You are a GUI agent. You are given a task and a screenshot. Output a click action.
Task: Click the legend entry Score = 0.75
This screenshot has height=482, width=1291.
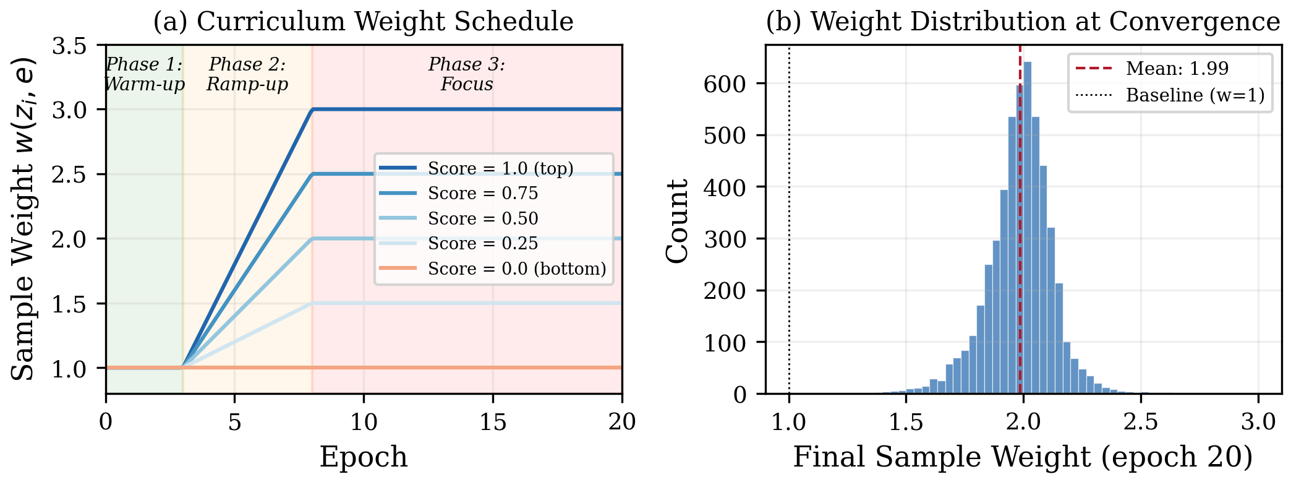(x=482, y=194)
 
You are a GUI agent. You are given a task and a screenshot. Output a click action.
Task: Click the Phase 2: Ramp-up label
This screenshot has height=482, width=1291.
(x=247, y=74)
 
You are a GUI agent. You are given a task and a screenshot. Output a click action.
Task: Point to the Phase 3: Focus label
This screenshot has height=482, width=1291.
(x=467, y=74)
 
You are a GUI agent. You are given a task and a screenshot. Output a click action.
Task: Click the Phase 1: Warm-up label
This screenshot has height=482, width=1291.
(x=144, y=74)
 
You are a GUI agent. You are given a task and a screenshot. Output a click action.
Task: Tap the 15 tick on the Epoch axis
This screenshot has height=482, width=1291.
(x=493, y=422)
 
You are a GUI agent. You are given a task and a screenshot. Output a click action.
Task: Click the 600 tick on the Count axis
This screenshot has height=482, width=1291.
(x=725, y=84)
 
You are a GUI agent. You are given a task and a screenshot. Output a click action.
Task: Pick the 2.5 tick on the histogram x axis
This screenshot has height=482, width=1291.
(x=1140, y=422)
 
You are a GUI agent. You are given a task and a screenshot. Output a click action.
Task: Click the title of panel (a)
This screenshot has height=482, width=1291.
(x=364, y=22)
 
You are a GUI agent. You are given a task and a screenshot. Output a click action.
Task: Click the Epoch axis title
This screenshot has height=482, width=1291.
(x=364, y=457)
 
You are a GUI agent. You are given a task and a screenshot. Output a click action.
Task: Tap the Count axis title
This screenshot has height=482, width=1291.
(x=678, y=221)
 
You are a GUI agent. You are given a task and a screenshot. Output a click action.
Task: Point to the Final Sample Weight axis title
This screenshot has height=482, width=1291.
(x=1023, y=457)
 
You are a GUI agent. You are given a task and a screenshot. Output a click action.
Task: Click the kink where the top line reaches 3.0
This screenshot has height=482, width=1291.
(x=313, y=110)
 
